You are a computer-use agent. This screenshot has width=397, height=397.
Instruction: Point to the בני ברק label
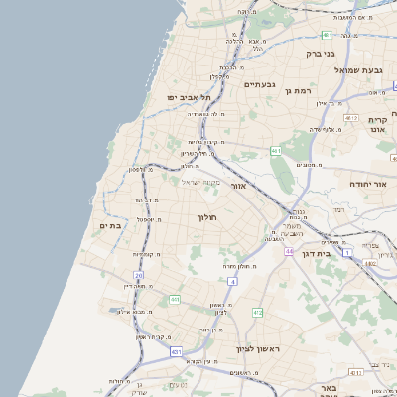(321, 54)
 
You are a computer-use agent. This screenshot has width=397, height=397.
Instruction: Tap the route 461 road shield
(276, 151)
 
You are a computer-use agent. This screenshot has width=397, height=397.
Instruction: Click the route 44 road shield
(289, 251)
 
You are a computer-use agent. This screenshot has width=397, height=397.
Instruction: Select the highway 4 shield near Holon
(231, 281)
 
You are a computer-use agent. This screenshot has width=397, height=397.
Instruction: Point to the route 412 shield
(257, 313)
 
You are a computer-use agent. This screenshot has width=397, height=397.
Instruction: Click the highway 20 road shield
(140, 275)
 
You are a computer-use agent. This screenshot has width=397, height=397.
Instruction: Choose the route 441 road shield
(175, 299)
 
